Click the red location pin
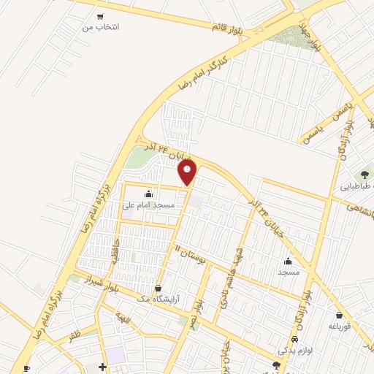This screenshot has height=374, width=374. [x=188, y=172]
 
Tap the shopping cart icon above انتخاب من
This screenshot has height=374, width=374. [x=100, y=15]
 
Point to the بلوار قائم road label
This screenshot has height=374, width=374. [x=228, y=29]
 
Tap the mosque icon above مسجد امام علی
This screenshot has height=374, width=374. [x=149, y=194]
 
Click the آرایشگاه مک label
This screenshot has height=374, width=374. [x=159, y=299]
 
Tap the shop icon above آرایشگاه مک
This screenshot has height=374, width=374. [x=159, y=288]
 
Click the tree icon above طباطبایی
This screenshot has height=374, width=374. [x=363, y=174]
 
